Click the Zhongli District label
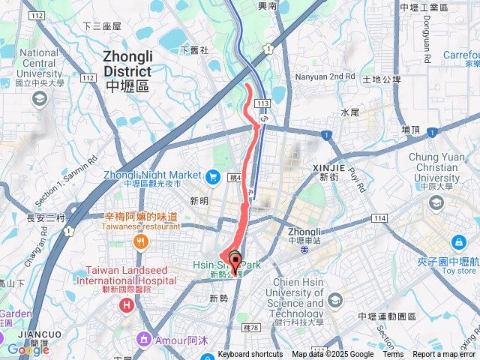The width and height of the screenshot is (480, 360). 127,65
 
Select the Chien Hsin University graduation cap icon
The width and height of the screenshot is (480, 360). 334,301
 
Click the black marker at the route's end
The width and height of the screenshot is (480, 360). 235,261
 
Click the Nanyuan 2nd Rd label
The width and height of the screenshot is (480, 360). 326,76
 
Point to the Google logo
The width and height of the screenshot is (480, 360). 28,349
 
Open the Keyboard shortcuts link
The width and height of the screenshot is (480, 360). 250,355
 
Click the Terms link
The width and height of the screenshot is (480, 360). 393,355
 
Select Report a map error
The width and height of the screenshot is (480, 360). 445,355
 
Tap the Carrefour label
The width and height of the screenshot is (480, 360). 461,55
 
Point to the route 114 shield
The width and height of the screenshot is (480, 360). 379,217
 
